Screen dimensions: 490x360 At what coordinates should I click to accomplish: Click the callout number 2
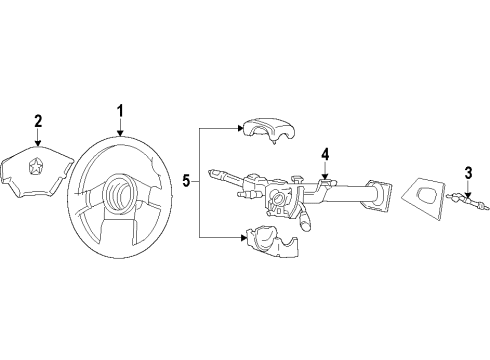pos(38,121)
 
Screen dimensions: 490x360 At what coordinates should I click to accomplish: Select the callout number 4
pos(325,154)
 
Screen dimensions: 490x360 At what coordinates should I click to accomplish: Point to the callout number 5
pos(187,181)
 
